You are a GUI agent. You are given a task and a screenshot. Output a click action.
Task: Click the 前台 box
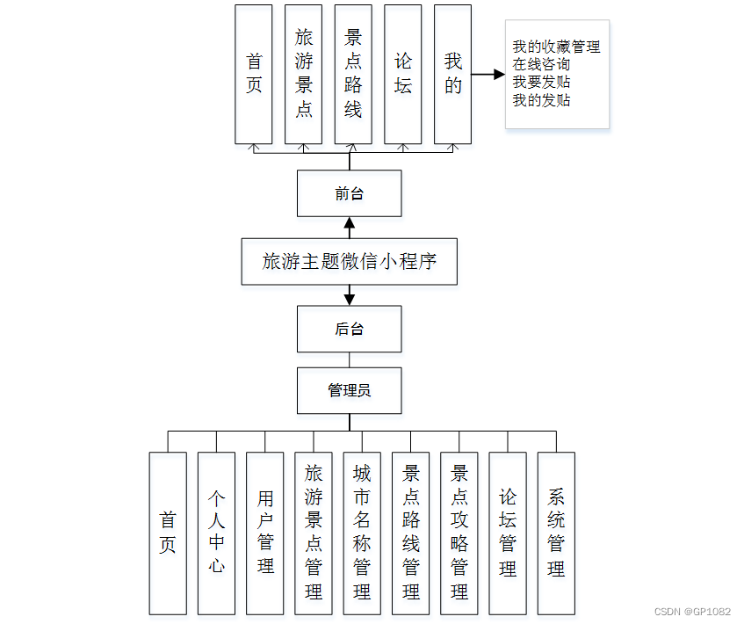click(x=349, y=193)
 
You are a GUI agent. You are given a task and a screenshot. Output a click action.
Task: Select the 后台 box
click(x=349, y=329)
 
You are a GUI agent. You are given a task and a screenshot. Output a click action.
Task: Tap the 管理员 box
click(x=349, y=390)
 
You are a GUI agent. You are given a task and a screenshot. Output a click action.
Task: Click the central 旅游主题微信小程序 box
click(x=349, y=261)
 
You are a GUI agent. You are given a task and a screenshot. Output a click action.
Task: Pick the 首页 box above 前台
click(x=254, y=74)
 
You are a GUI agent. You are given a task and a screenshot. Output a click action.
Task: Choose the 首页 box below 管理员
click(x=168, y=533)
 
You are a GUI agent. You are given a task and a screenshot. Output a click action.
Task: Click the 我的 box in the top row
click(x=452, y=74)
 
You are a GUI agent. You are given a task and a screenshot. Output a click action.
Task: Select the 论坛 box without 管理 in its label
click(x=403, y=74)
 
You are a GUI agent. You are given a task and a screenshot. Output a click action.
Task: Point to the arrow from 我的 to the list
click(x=488, y=75)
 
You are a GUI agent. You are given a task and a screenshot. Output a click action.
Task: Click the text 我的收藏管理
click(x=556, y=47)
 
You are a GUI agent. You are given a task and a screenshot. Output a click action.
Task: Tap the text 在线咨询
click(x=541, y=64)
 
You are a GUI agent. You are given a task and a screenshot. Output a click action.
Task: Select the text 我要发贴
click(x=541, y=83)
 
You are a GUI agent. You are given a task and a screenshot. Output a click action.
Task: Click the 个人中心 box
click(x=216, y=533)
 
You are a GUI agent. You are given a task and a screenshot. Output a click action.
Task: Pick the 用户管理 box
click(x=265, y=533)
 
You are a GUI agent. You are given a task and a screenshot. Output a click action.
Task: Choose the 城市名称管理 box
click(x=362, y=533)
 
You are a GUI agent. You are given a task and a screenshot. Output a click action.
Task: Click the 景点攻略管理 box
click(x=459, y=533)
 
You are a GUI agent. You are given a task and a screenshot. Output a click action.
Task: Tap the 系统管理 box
click(x=556, y=533)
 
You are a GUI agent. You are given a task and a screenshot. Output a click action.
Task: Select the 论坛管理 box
click(x=508, y=533)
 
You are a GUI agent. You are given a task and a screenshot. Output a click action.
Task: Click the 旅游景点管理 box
click(x=314, y=533)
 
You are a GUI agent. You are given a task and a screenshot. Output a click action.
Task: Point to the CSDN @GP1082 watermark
click(x=692, y=611)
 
